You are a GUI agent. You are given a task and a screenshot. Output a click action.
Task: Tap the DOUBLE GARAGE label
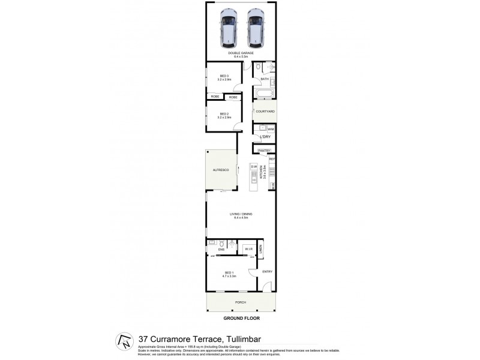[240, 55]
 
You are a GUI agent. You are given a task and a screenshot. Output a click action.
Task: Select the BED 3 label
[224, 77]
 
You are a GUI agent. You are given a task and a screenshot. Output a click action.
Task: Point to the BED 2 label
[224, 115]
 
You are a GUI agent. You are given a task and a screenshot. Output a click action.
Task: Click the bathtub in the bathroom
[265, 94]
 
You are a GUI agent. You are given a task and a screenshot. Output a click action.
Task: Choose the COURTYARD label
[265, 112]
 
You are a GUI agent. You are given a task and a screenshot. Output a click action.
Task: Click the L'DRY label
[265, 137]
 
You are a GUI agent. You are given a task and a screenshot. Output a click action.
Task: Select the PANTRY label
[264, 150]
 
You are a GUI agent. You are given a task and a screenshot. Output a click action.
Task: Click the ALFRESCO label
[221, 171]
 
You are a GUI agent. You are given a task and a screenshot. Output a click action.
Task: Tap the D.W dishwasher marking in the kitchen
[254, 166]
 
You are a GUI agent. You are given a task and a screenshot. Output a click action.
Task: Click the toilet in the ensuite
[223, 244]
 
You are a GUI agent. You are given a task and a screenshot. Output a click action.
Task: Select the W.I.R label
[248, 249]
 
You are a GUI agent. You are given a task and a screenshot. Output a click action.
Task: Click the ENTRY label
[267, 272]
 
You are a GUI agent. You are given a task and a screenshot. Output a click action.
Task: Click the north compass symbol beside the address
[124, 342]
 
